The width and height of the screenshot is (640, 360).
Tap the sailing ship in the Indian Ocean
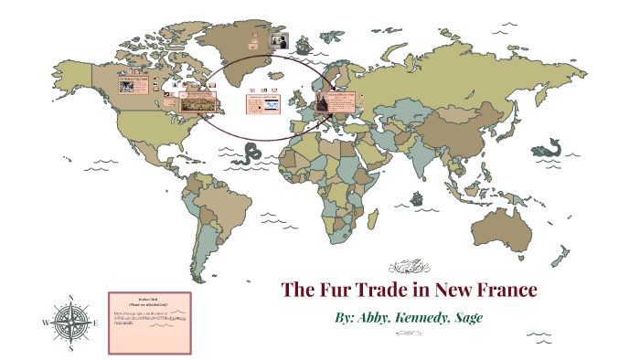(x=417, y=197)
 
